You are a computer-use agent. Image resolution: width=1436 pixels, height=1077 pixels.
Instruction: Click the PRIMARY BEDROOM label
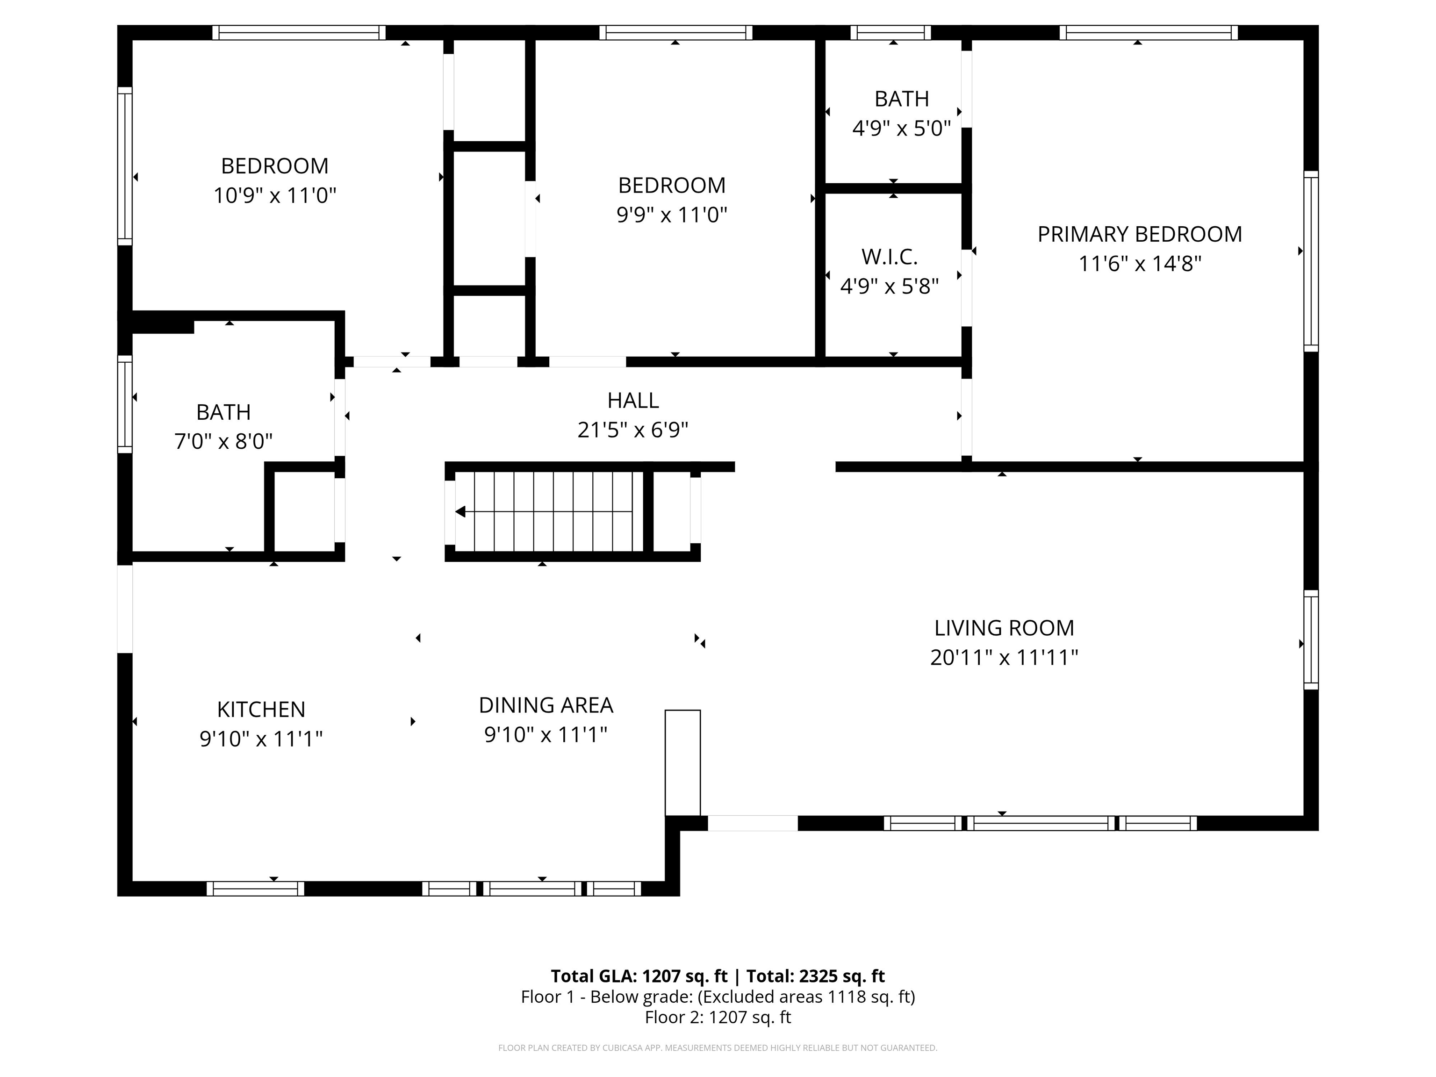[1139, 234]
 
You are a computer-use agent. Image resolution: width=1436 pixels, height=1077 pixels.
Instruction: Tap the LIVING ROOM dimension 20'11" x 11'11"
[1004, 658]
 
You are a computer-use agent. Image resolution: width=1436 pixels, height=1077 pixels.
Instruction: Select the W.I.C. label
[890, 257]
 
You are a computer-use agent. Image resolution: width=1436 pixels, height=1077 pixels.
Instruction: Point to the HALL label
[633, 401]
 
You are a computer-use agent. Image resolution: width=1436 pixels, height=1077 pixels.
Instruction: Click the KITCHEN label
[261, 710]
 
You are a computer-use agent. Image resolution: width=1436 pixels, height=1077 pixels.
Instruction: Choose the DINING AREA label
[546, 705]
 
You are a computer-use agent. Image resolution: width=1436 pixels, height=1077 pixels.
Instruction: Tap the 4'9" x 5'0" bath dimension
[901, 129]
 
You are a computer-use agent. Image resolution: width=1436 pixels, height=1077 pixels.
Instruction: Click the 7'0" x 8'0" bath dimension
[223, 441]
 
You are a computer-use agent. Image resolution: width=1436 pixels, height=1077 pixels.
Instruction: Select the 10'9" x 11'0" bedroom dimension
[274, 195]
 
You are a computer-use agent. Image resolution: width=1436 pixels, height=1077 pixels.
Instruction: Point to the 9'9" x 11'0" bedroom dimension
[672, 215]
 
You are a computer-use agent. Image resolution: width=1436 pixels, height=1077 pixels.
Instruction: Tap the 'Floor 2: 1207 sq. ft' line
[718, 1017]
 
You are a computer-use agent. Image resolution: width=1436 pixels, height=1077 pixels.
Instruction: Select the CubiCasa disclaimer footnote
[718, 1048]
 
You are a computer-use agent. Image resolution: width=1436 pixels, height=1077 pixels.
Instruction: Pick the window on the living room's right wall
[1311, 639]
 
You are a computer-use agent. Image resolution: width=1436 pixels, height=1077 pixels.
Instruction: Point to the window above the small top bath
[890, 32]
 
